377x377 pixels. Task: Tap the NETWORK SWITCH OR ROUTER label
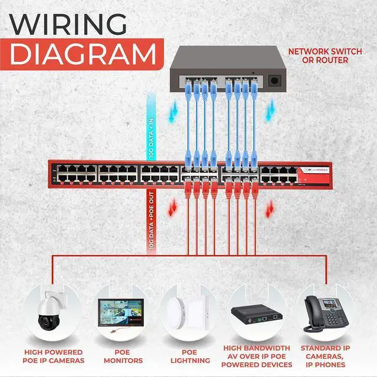click(x=325, y=55)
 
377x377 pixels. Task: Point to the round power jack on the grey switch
click(x=274, y=81)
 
